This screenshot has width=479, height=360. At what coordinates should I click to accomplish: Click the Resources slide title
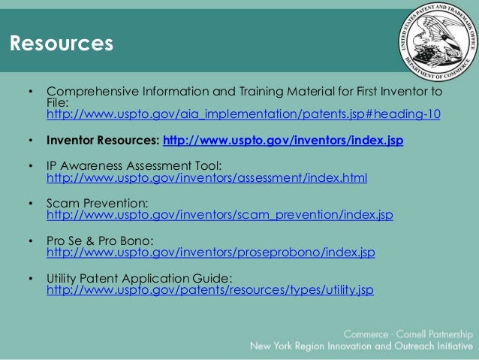point(62,44)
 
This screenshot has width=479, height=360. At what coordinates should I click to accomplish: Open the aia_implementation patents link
point(243,115)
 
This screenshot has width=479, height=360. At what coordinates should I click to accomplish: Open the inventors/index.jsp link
point(283,140)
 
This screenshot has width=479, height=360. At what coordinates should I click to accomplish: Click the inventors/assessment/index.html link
point(207,178)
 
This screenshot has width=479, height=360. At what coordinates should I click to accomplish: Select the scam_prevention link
point(219,216)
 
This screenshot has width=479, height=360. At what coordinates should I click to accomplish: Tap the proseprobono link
point(210,253)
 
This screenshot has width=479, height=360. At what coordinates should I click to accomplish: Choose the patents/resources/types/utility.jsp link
point(209,289)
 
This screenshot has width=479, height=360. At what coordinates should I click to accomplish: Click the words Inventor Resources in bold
point(103,140)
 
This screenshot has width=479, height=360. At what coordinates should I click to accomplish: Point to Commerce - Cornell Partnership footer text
point(408,333)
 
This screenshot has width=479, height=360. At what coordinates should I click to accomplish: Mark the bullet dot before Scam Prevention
point(31,203)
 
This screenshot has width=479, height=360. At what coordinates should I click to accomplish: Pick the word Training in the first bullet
point(255,92)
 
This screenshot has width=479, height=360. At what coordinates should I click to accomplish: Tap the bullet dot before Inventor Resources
point(31,141)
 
